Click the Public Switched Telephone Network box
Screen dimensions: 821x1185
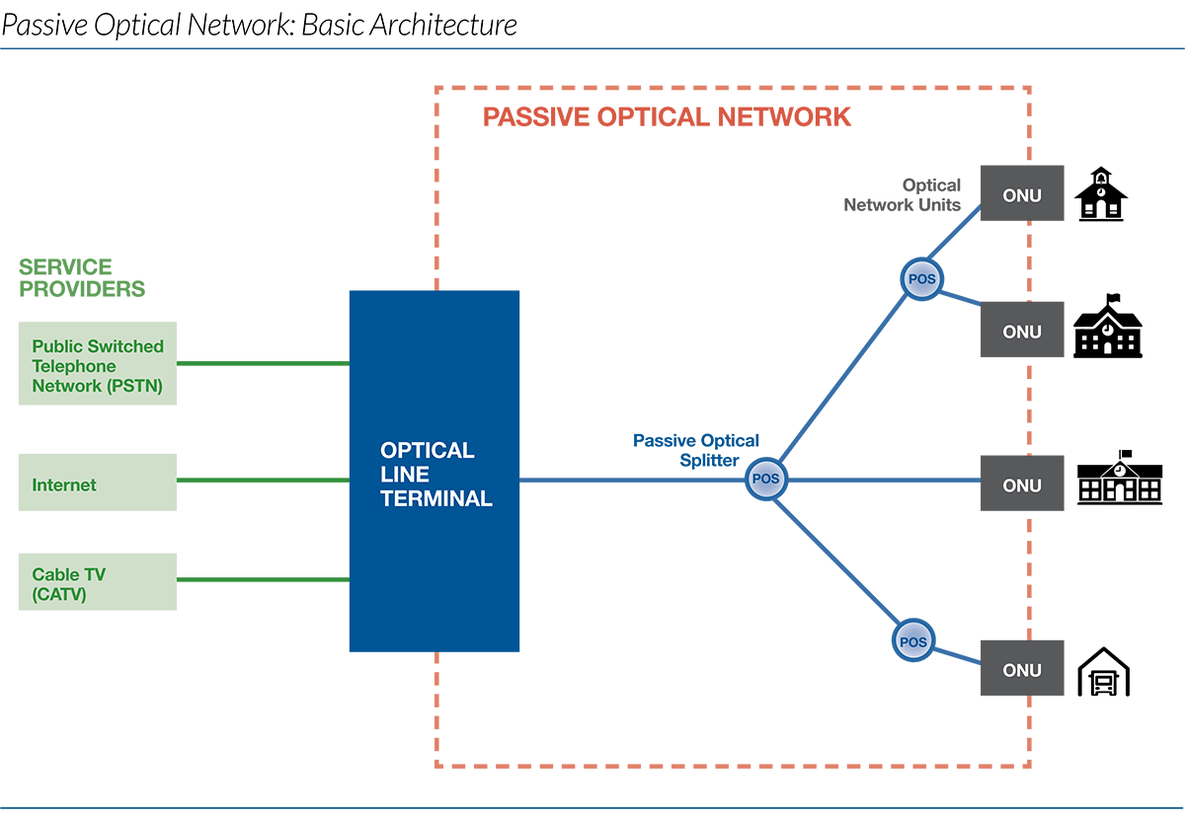pyautogui.click(x=98, y=364)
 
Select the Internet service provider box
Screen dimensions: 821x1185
pyautogui.click(x=98, y=483)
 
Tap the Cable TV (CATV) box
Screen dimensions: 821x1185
pyautogui.click(x=98, y=581)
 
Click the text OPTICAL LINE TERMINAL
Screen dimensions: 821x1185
pyautogui.click(x=435, y=475)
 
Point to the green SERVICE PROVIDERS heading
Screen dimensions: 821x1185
pyautogui.click(x=81, y=277)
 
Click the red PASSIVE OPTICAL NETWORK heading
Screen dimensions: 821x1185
pyautogui.click(x=667, y=116)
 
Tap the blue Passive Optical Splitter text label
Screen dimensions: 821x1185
pyautogui.click(x=695, y=450)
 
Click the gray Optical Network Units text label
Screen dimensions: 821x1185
pyautogui.click(x=903, y=194)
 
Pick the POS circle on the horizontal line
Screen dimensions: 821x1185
pyautogui.click(x=765, y=479)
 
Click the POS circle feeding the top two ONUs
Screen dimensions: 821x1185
pyautogui.click(x=921, y=279)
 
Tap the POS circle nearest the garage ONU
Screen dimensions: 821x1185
pyautogui.click(x=912, y=641)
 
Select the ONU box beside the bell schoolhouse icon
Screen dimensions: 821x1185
pyautogui.click(x=1021, y=194)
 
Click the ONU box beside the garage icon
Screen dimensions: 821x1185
pyautogui.click(x=1021, y=670)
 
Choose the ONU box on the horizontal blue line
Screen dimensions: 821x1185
pyautogui.click(x=1021, y=485)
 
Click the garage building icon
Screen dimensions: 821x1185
pyautogui.click(x=1102, y=672)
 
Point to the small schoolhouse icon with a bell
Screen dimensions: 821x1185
pyautogui.click(x=1100, y=194)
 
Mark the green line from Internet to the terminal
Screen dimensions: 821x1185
pyautogui.click(x=263, y=481)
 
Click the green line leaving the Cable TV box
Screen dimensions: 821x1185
pyautogui.click(x=263, y=579)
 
